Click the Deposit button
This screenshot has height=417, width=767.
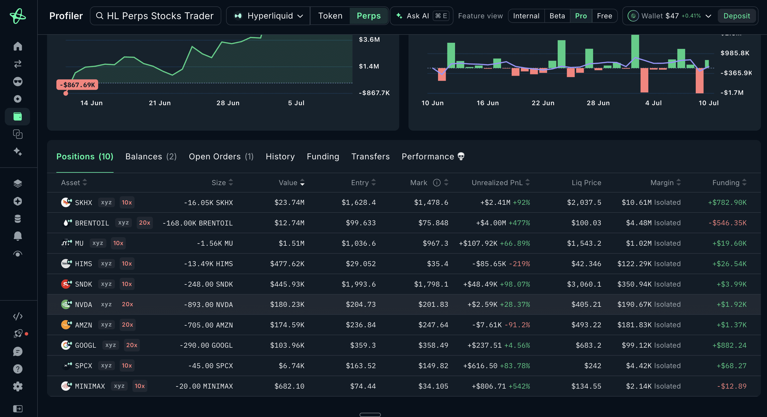(736, 16)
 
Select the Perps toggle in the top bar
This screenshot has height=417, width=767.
(369, 16)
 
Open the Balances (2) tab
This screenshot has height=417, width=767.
(151, 156)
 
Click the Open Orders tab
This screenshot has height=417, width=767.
(221, 156)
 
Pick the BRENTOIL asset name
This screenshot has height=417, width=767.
(92, 223)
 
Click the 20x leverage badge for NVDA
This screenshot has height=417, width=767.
(127, 304)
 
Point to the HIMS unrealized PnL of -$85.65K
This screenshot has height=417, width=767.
(489, 264)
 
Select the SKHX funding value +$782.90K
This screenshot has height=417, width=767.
(727, 203)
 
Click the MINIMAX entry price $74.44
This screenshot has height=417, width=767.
(363, 386)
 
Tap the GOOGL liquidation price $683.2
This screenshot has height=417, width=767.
(588, 345)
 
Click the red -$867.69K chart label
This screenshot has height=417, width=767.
(77, 85)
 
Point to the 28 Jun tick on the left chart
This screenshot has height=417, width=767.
(228, 103)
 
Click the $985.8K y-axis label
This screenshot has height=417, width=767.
(735, 53)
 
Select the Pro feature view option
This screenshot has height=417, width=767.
(581, 16)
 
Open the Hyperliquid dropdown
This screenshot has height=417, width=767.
(268, 16)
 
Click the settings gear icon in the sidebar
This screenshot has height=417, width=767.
(18, 386)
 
